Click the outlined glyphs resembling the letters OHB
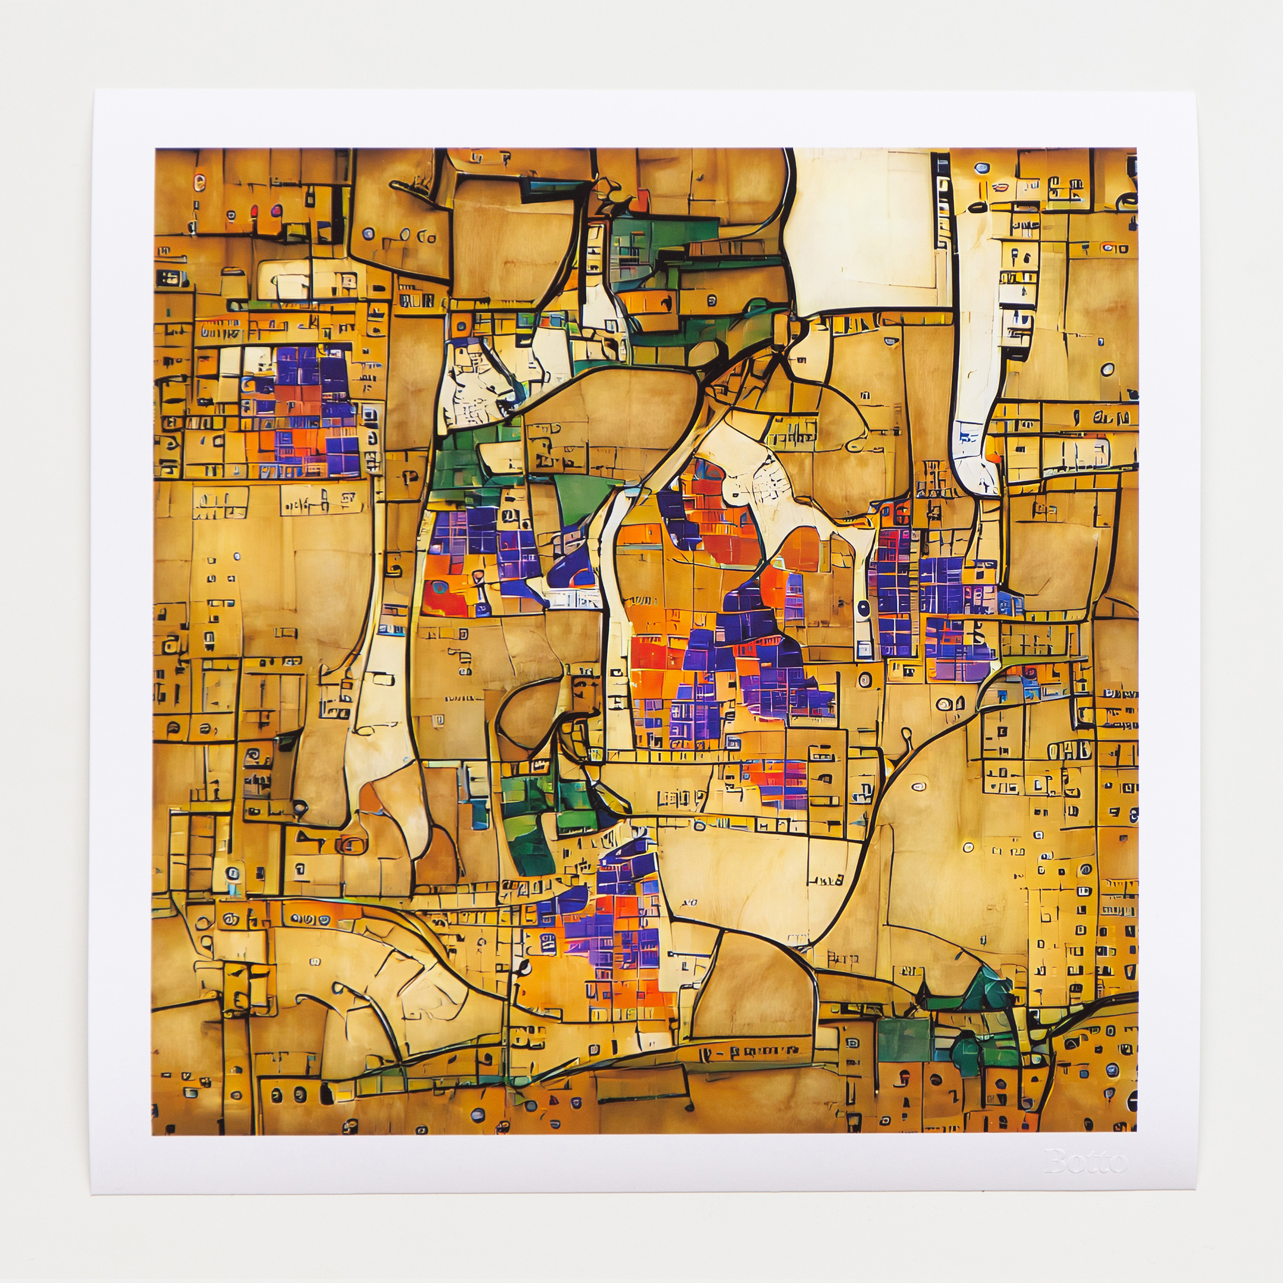[1069, 751]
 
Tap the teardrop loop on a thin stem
[907, 736]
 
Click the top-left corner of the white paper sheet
[94, 90]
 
